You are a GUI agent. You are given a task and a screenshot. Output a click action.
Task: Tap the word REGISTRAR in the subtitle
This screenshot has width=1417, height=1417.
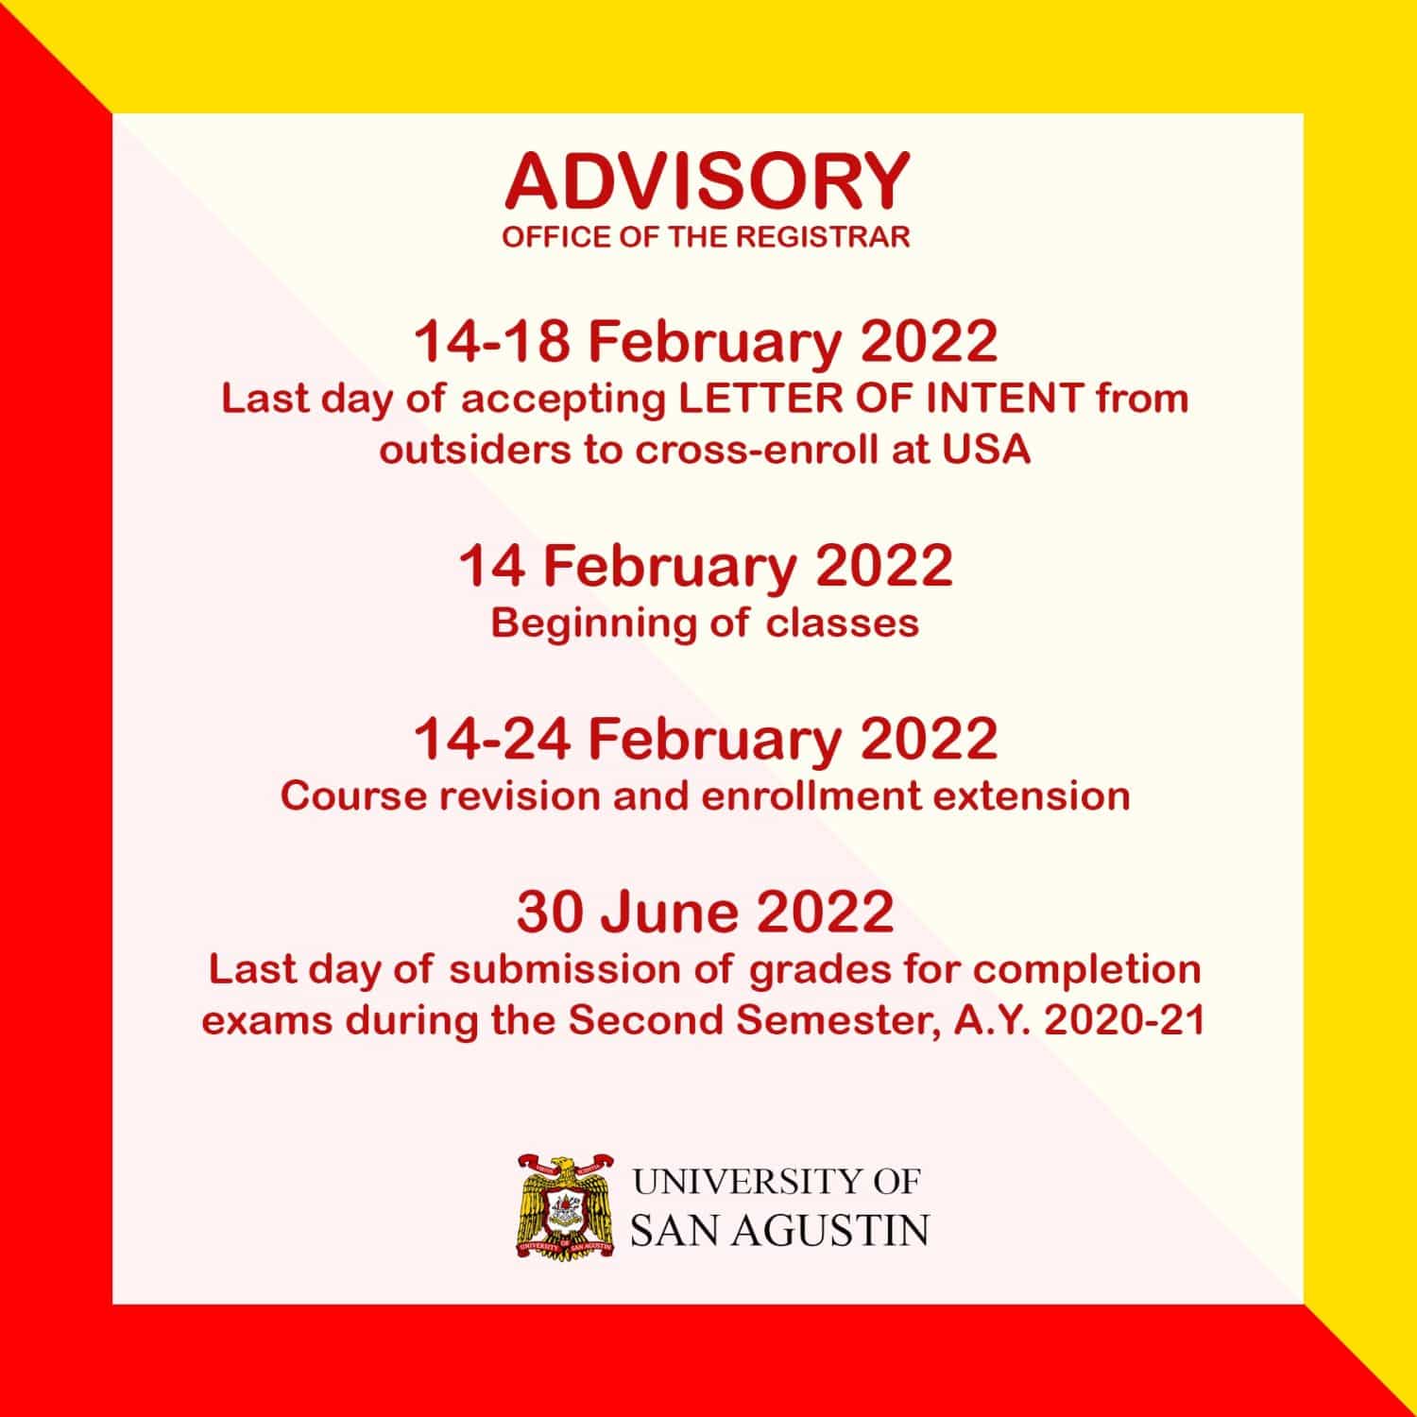tap(822, 237)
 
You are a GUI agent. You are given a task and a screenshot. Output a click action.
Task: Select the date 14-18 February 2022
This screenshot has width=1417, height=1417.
tap(706, 341)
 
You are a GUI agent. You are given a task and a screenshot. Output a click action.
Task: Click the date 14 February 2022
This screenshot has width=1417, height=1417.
tap(706, 566)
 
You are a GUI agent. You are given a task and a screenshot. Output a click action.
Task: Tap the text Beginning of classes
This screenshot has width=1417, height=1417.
tap(705, 623)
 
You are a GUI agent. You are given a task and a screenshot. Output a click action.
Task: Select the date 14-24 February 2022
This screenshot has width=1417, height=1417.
tap(706, 739)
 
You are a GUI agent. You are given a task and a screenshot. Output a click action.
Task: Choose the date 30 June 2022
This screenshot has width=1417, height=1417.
tap(705, 912)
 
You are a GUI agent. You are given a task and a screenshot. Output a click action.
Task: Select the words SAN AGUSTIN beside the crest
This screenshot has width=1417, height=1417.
tap(778, 1231)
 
